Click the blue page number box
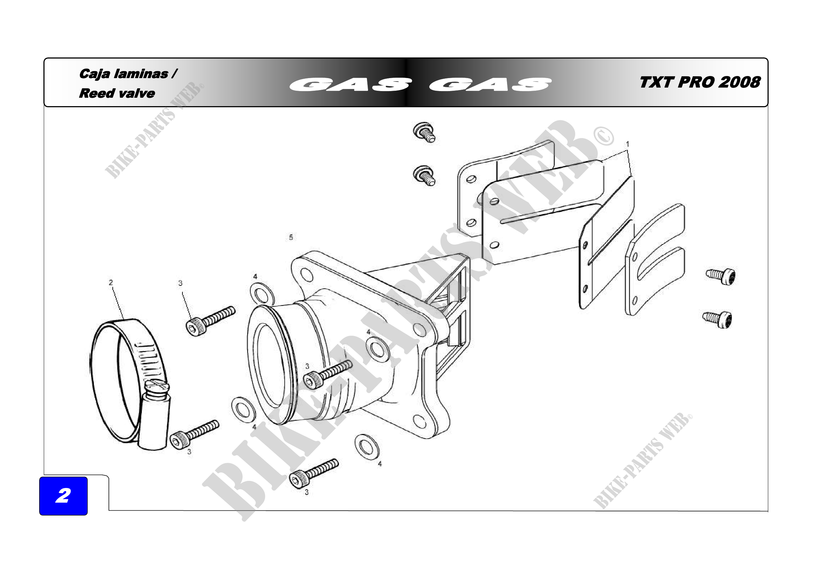[x=63, y=496]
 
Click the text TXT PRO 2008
[x=700, y=82]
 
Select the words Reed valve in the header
[x=117, y=94]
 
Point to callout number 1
[x=627, y=144]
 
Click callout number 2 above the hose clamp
[x=111, y=283]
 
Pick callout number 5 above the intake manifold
[x=291, y=237]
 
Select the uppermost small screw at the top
[x=424, y=132]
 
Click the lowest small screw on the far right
[x=718, y=319]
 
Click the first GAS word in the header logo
[x=349, y=84]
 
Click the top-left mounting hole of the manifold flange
[x=306, y=274]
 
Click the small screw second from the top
[x=424, y=175]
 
